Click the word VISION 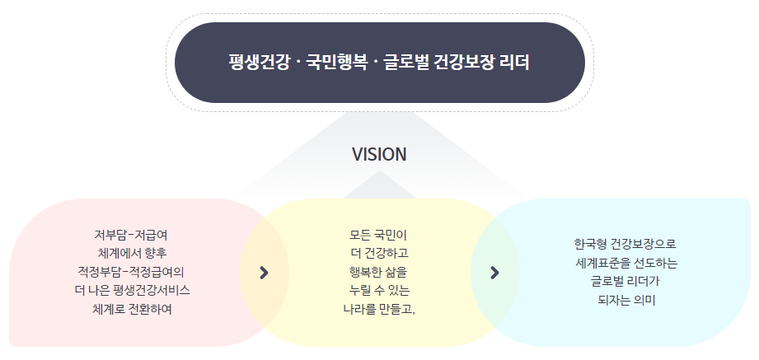[379, 155]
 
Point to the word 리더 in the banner [515, 63]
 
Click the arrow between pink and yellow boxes [264, 272]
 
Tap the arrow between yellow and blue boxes [494, 272]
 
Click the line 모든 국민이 [379, 234]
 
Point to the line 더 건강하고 [379, 252]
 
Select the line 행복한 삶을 [379, 271]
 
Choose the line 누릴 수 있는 [379, 290]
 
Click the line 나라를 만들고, [379, 309]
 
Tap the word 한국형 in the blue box [591, 244]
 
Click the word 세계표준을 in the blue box [605, 263]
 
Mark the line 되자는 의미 [625, 300]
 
